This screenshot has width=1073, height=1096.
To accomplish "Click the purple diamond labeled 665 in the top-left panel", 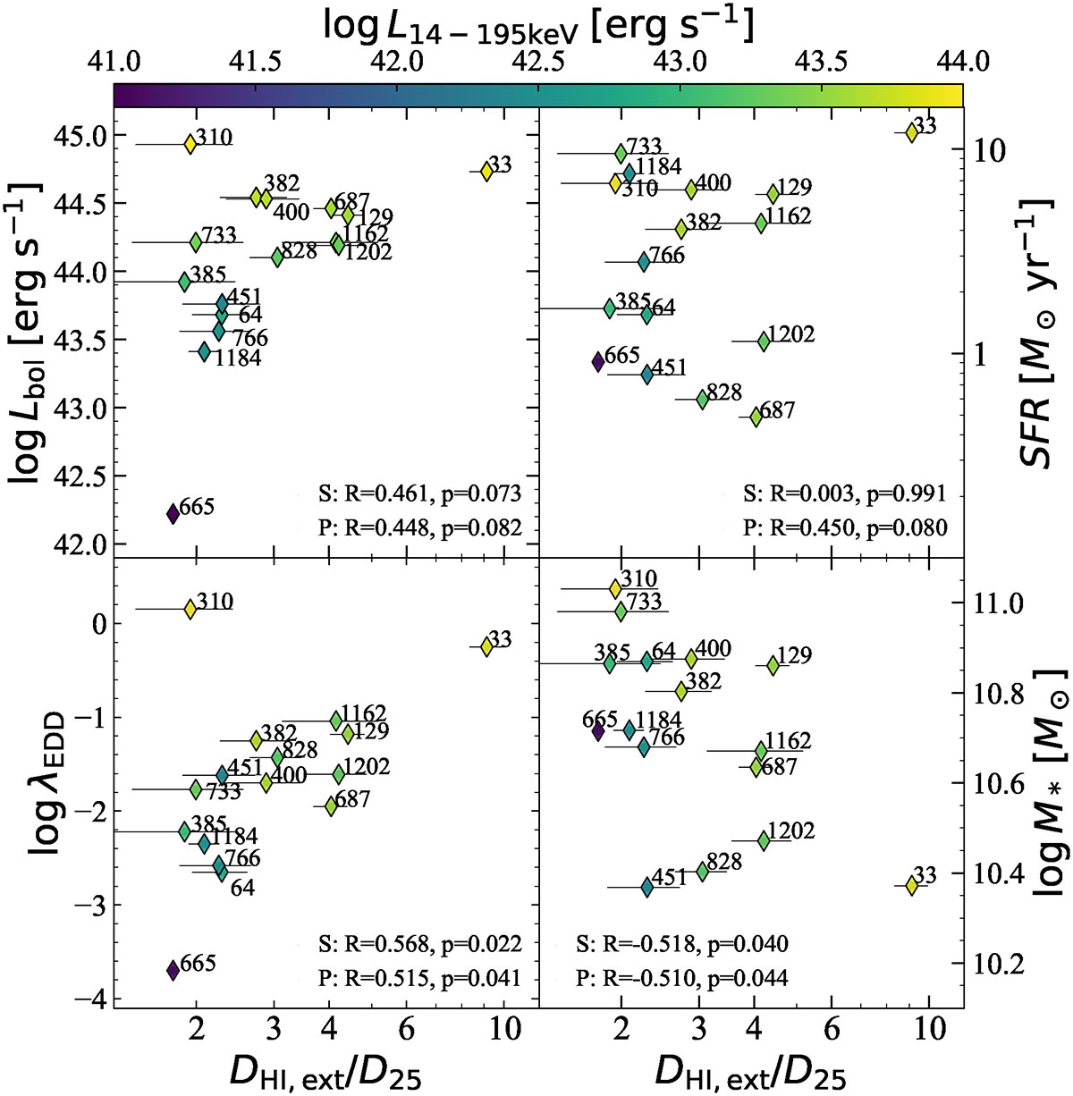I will point(173,513).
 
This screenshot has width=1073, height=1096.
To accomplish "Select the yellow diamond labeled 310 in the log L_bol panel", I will point(190,144).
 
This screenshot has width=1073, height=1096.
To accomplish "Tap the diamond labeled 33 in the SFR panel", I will point(911,132).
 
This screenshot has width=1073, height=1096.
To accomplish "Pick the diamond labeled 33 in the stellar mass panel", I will point(911,885).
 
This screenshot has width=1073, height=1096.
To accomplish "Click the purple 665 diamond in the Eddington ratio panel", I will point(173,970).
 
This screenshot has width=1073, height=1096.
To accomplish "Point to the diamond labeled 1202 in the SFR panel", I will point(763,341).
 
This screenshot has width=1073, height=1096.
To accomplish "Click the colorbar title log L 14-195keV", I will point(537,24).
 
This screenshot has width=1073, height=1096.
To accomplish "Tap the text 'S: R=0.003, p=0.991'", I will point(844,493).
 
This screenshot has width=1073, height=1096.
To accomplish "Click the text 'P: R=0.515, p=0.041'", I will point(419,977).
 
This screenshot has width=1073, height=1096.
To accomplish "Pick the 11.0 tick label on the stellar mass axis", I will point(997,603).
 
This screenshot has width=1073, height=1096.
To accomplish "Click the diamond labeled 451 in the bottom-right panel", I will point(646,887).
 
